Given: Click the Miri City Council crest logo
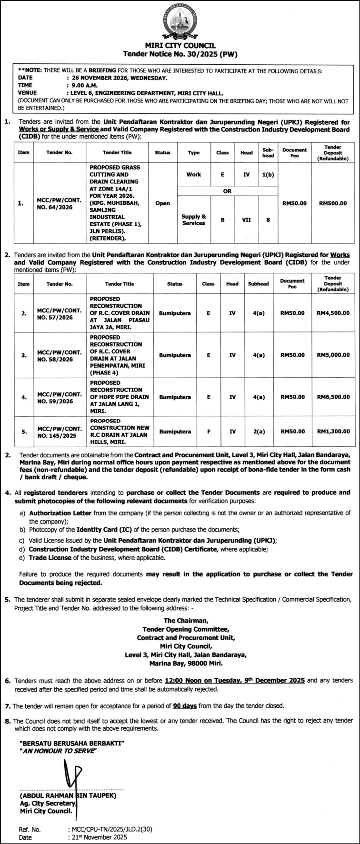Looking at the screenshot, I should [180, 22].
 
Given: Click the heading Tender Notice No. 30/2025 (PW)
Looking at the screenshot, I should [180, 54].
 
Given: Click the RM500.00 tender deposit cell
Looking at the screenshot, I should [333, 203].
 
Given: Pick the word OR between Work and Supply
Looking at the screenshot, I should [227, 191].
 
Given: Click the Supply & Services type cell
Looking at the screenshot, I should [193, 220].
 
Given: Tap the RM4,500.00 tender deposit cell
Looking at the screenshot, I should [333, 313].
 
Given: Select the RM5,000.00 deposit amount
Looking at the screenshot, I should [333, 355].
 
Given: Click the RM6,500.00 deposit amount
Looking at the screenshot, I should [333, 397].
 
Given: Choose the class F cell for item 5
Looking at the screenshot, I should [208, 432].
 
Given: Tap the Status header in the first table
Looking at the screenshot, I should [162, 152].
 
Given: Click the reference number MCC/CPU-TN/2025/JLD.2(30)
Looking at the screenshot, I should [112, 829].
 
